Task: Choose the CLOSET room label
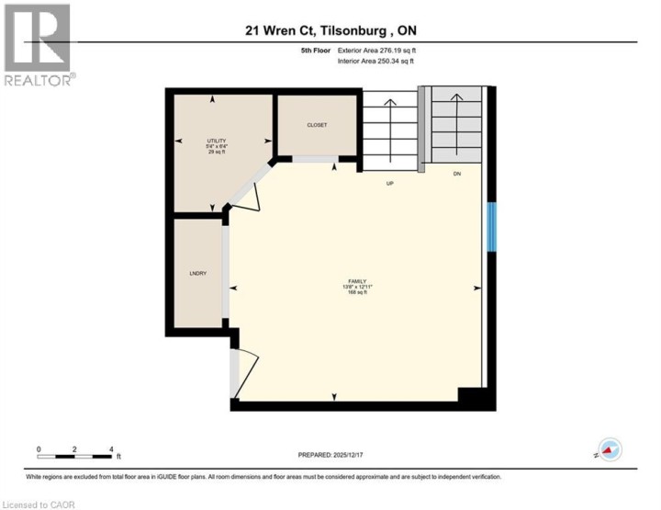coord(317,125)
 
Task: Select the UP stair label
coord(390,184)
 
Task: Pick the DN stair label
coord(456,174)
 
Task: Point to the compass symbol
coord(610,449)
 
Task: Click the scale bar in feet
coord(75,455)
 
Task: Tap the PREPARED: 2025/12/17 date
coord(330,455)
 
